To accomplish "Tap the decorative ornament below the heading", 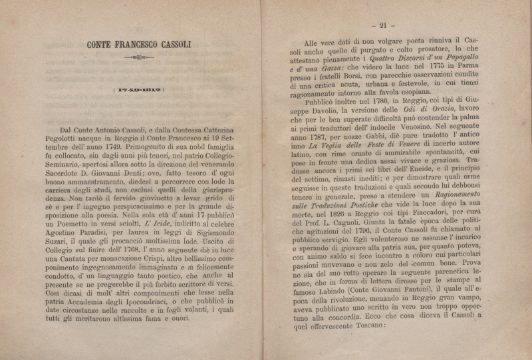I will coord(139,58).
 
